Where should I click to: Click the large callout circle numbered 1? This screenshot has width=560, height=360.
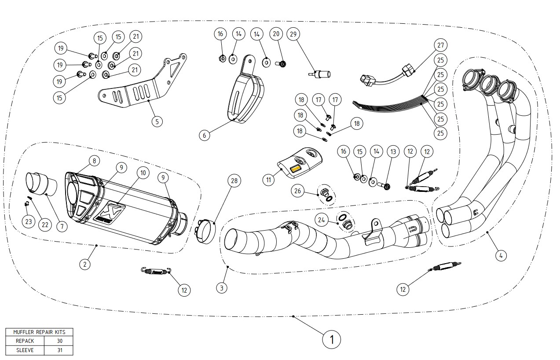[x=332, y=339]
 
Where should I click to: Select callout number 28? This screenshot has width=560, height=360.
[x=234, y=181]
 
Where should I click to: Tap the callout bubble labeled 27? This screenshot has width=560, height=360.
[x=440, y=45]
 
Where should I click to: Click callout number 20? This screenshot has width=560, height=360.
[x=276, y=34]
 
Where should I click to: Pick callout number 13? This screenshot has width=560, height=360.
[x=393, y=152]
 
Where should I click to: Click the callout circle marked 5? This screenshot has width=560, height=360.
[x=157, y=121]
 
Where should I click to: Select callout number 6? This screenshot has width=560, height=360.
[x=204, y=136]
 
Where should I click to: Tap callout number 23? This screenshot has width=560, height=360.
[x=29, y=221]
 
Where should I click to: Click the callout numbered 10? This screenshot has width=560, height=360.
[x=142, y=173]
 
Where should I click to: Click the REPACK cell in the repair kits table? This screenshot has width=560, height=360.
[x=25, y=341]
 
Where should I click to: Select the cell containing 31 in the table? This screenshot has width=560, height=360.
[x=59, y=350]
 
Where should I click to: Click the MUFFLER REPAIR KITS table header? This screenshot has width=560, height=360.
[x=39, y=332]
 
